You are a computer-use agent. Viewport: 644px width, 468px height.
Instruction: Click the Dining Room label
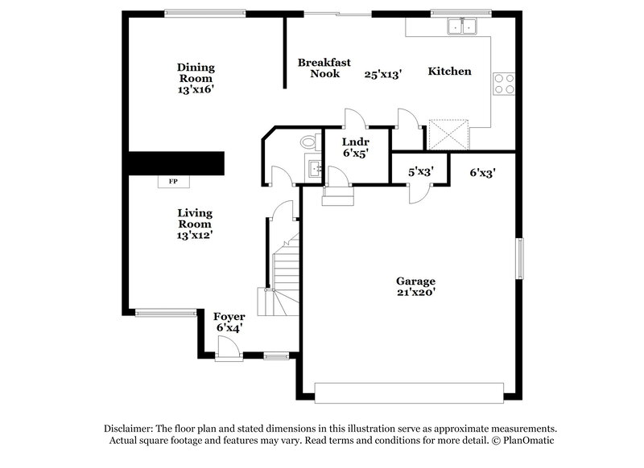196,79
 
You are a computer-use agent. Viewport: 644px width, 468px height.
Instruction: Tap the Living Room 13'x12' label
195,224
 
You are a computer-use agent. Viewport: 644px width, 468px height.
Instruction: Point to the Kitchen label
449,72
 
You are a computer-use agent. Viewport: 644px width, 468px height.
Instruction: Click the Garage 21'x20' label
415,287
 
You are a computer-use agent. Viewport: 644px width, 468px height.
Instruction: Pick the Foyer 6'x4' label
229,322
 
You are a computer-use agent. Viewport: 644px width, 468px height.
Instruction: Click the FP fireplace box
172,181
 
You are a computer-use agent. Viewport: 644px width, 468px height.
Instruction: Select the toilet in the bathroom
308,143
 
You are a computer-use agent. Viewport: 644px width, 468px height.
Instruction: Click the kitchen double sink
462,27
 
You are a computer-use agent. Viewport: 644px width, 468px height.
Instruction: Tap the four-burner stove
504,84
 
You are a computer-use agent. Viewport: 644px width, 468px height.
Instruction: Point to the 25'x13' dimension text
383,73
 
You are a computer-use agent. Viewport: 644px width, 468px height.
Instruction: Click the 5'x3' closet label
420,171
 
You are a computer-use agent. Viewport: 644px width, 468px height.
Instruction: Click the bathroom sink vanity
314,169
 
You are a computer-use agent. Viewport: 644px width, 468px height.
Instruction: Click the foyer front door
227,346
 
